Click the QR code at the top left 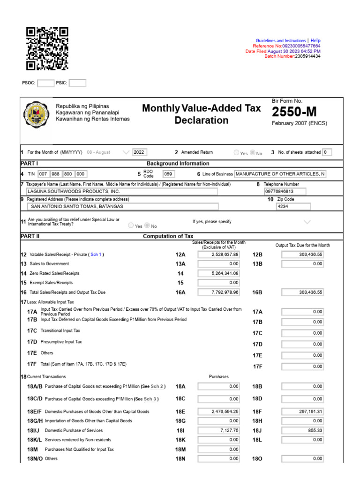tap(47, 49)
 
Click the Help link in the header tap(315, 41)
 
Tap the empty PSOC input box tap(45, 83)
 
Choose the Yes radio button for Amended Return tap(236, 152)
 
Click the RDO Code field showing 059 tap(168, 174)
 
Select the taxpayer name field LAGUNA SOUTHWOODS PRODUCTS tap(122, 191)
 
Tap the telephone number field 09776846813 tap(285, 191)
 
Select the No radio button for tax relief tap(147, 225)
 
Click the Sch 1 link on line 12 tap(96, 255)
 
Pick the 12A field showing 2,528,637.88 tap(219, 255)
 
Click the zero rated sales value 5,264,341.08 tap(219, 273)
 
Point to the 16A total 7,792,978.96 tap(219, 292)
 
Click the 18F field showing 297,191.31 tap(303, 411)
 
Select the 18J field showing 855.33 tap(303, 430)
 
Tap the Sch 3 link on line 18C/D tap(150, 399)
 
